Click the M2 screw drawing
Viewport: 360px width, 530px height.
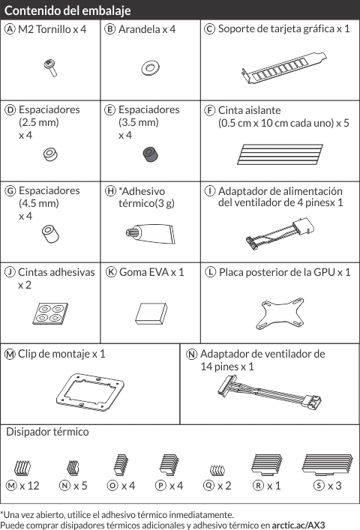click(50, 67)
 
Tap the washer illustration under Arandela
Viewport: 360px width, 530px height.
click(151, 68)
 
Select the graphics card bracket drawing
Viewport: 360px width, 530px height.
click(284, 67)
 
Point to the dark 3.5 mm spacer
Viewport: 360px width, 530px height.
click(151, 154)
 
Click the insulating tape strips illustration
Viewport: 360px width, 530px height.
click(280, 154)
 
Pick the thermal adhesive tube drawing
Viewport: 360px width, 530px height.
click(151, 233)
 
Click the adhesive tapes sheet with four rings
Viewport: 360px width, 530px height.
click(50, 313)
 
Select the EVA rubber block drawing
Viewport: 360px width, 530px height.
click(151, 313)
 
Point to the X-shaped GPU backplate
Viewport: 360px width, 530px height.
click(280, 313)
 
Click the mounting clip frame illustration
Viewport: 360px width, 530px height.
click(90, 391)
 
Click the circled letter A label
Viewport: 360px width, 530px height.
click(10, 29)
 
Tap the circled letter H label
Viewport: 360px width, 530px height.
click(110, 191)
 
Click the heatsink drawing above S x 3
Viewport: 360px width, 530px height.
click(327, 465)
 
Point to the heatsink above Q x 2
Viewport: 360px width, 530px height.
click(217, 470)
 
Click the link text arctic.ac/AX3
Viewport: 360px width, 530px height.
click(298, 525)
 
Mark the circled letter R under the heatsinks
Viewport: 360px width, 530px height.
click(258, 486)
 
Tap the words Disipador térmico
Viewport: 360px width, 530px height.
click(47, 432)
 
